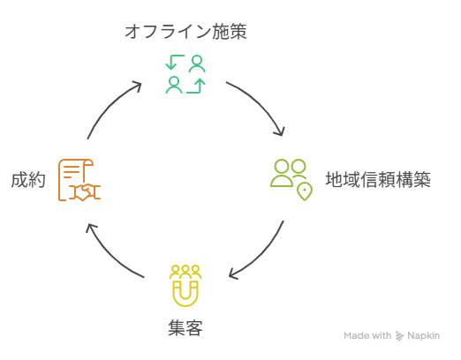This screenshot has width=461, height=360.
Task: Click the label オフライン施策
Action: pyautogui.click(x=185, y=32)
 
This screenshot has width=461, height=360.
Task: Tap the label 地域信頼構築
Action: pyautogui.click(x=378, y=180)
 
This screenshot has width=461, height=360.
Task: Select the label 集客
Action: pyautogui.click(x=185, y=328)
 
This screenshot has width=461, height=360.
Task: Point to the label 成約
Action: pyautogui.click(x=28, y=180)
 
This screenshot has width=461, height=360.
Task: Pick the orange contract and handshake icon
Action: pyautogui.click(x=79, y=180)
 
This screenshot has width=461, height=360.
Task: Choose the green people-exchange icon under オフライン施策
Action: pyautogui.click(x=185, y=74)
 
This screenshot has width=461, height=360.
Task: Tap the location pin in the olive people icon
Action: pyautogui.click(x=305, y=191)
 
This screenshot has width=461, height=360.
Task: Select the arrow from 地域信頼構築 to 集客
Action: pyautogui.click(x=263, y=255)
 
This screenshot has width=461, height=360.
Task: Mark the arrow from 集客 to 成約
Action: pyautogui.click(x=110, y=256)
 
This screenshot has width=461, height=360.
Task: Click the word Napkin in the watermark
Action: pyautogui.click(x=424, y=335)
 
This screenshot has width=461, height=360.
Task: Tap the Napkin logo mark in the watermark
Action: pyautogui.click(x=399, y=336)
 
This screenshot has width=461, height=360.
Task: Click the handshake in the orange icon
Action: pyautogui.click(x=85, y=192)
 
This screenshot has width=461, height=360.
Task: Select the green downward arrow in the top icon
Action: pyautogui.click(x=175, y=62)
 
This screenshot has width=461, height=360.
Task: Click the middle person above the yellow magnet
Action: pyautogui.click(x=185, y=272)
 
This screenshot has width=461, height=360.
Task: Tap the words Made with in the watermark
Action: pyautogui.click(x=367, y=335)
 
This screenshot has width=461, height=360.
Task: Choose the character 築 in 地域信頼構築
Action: pyautogui.click(x=422, y=180)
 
